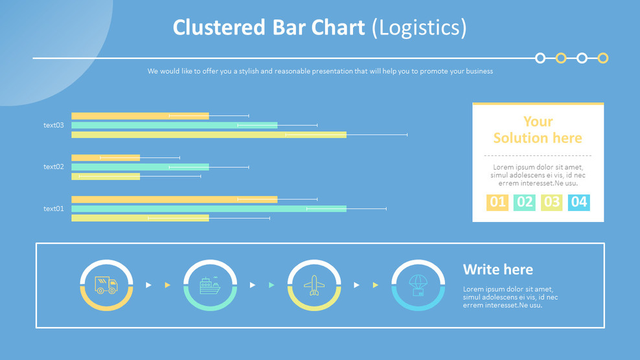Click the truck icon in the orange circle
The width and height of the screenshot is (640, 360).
coord(106,285)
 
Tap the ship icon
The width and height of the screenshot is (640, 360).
coord(211,286)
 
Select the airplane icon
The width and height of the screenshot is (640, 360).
coord(314,286)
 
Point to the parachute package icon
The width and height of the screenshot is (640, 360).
coord(418,286)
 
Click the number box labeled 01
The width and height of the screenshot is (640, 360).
coord(497,202)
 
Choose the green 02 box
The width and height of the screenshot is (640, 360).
coord(525,202)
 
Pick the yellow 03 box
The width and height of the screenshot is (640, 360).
coord(551,202)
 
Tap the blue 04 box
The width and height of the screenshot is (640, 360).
coord(578,202)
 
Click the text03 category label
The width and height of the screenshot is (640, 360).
coord(54,126)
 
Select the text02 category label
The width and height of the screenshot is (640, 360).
coord(54,166)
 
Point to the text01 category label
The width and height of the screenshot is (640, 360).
coord(54,208)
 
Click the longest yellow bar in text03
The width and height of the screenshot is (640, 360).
coord(209,135)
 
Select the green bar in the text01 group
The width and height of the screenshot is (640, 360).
coord(209,208)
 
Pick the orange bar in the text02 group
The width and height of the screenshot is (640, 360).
coord(106,157)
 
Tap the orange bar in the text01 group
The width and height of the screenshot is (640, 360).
coord(174,199)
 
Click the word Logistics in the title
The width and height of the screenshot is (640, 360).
coord(420,28)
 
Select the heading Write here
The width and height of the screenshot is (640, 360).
coord(498,269)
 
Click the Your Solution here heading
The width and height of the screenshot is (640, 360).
coord(538,129)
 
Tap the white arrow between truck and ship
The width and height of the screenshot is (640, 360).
coord(148,285)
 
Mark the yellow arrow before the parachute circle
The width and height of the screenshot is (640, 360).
coord(376,285)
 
